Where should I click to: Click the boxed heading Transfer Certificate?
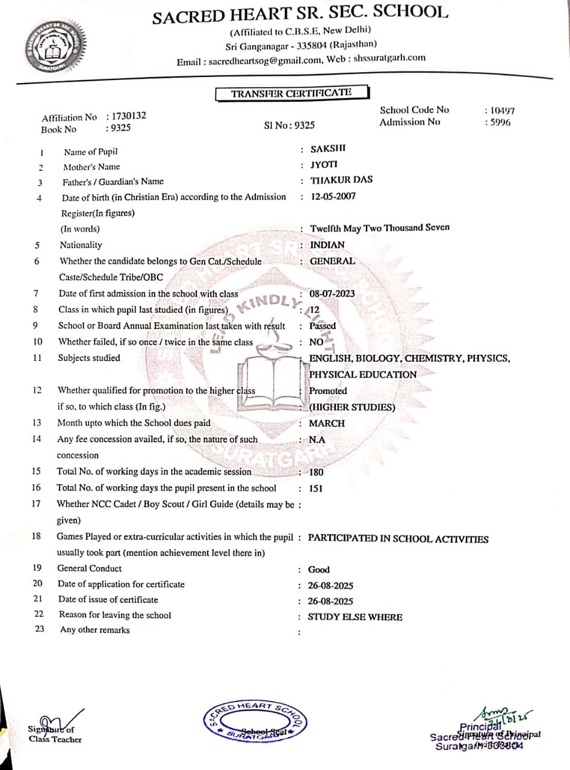(x=291, y=93)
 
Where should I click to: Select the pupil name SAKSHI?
(x=327, y=149)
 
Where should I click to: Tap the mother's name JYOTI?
(x=324, y=164)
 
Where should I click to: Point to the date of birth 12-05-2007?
(x=333, y=196)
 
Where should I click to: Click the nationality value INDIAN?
(x=327, y=245)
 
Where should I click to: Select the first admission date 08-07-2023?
(x=332, y=294)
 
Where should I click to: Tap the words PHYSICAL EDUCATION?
(x=362, y=374)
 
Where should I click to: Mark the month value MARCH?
(x=327, y=423)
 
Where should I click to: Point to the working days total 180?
(x=316, y=472)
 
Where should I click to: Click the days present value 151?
(x=315, y=488)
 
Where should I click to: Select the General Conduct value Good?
(x=319, y=570)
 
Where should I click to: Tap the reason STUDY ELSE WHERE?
(x=355, y=617)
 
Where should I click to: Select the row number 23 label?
(x=40, y=630)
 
